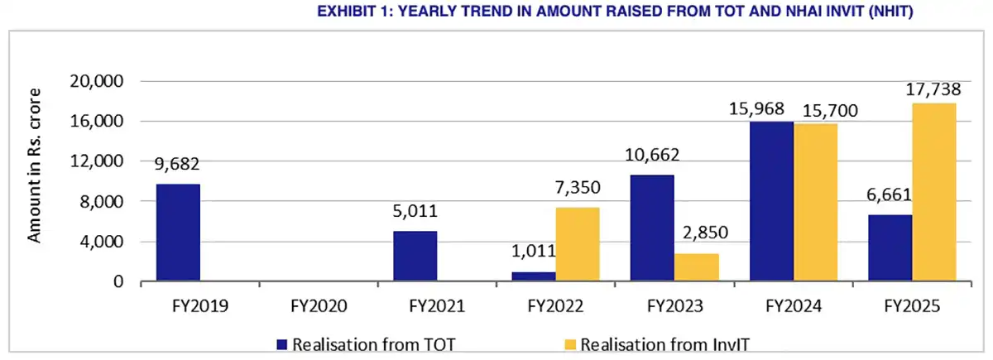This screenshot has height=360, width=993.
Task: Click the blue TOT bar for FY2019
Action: click(x=178, y=233)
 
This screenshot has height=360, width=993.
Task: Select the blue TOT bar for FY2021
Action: click(x=415, y=257)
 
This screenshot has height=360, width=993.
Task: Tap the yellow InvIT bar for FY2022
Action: click(x=577, y=245)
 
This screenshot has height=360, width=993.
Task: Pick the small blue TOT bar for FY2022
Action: click(x=534, y=277)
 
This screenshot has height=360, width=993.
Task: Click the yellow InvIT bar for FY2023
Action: click(x=696, y=267)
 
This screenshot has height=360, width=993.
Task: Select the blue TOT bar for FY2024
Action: click(x=771, y=202)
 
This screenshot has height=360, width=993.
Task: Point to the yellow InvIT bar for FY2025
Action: click(x=933, y=193)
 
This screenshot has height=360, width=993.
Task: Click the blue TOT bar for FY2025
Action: click(x=890, y=248)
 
